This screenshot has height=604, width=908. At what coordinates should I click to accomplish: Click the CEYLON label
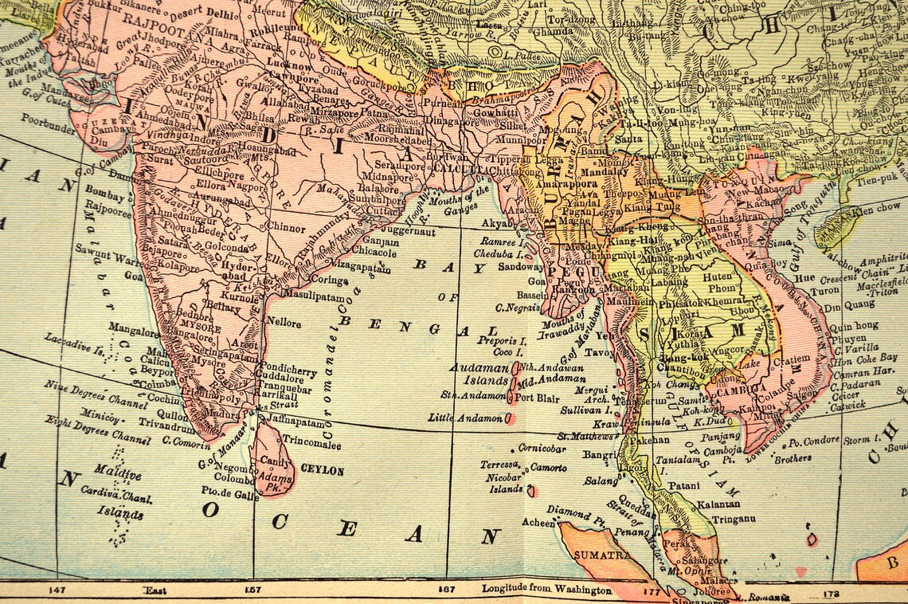(322, 471)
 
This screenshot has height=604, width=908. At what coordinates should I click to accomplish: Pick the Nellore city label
(284, 324)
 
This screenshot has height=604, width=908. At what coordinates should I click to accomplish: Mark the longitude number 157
(254, 590)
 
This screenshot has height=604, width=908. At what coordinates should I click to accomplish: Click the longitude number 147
(57, 590)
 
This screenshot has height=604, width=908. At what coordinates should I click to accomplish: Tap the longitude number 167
(448, 590)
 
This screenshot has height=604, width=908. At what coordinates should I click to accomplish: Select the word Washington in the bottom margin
(581, 590)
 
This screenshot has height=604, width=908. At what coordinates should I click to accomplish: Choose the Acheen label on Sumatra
(538, 523)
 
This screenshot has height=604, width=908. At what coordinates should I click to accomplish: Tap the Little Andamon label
(464, 418)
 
